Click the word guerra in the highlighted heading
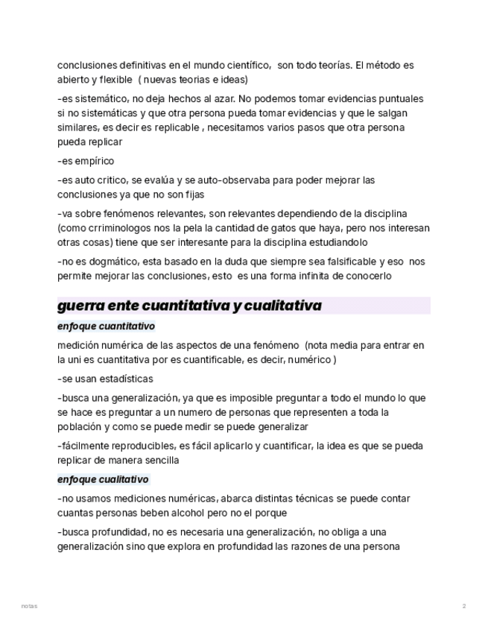click(80, 306)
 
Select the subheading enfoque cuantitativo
click(106, 326)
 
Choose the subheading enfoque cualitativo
click(103, 479)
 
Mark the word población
click(81, 427)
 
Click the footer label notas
click(29, 606)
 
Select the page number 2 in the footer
click(464, 606)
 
